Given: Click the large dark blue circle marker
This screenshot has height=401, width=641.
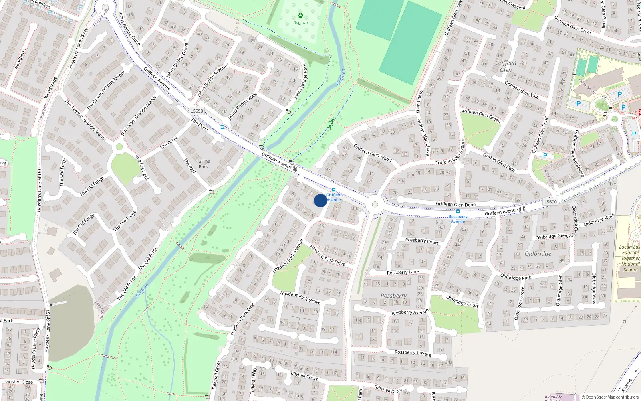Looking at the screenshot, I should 320,200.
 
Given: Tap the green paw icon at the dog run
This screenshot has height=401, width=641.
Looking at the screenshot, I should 300,16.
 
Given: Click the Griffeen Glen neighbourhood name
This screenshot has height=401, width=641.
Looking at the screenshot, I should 506,66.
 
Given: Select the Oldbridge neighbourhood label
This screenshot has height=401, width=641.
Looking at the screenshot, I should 538,254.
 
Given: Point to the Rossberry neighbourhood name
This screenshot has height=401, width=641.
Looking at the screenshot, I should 393,296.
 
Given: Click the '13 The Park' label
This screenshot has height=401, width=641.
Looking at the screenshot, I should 203,164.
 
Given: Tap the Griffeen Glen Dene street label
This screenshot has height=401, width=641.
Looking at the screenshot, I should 456,204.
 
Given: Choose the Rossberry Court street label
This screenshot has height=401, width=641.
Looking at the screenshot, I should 421,241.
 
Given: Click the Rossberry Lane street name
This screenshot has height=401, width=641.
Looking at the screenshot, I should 403,272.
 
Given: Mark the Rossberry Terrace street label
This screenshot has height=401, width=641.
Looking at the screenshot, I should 413,353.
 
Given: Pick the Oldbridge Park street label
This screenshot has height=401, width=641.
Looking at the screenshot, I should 516,277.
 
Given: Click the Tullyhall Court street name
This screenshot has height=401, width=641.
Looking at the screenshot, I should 303,375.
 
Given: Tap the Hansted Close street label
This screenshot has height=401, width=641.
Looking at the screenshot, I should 18,382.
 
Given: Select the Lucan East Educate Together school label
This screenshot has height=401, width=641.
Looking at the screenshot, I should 630,258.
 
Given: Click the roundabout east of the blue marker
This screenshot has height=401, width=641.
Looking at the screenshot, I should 375,205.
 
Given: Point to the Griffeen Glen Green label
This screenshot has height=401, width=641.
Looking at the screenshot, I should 480,115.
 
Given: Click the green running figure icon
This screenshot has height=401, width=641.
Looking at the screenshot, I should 331,123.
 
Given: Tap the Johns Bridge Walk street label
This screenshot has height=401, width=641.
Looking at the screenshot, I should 242,107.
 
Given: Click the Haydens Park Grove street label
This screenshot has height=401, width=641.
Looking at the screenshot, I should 300,297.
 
